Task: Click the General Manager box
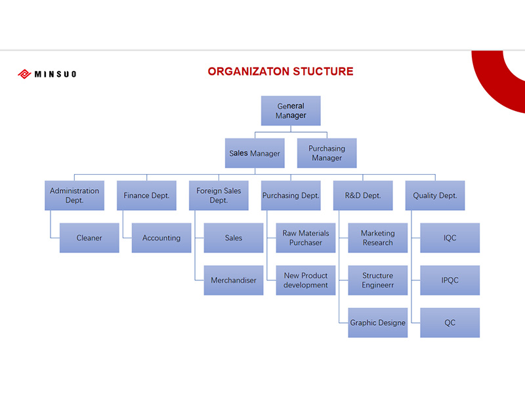point(291,111)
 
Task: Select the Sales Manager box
point(255,153)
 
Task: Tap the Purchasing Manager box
point(327,153)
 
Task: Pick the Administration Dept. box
point(74,196)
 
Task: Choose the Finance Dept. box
point(146,196)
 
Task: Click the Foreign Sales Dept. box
point(219,196)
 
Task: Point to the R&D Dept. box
point(363,196)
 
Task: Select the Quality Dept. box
point(435,196)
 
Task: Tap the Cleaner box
point(89,238)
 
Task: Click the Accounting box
point(161,238)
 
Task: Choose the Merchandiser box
point(234,280)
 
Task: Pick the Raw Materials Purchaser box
point(306,238)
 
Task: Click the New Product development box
point(306,280)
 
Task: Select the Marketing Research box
point(378,238)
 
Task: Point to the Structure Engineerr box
point(378,280)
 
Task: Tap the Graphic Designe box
point(378,322)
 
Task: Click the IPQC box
point(450,280)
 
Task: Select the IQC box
point(450,238)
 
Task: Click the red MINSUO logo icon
point(24,74)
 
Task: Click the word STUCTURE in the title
point(323,72)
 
